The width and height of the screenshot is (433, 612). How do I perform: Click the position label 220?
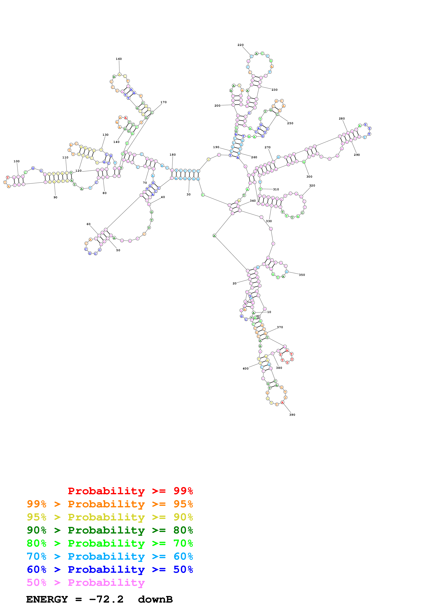240,45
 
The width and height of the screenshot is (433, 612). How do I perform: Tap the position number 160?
119,59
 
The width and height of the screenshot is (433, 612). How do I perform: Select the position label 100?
17,161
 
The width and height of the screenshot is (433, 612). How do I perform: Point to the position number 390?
292,415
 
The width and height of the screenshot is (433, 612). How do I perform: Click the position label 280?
342,119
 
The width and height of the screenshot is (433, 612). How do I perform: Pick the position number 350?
302,275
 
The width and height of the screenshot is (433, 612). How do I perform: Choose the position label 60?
88,224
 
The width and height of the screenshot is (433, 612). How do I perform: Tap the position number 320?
312,185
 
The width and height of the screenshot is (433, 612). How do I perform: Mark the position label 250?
290,123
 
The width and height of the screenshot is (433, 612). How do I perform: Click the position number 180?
173,155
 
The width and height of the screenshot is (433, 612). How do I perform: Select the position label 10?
269,312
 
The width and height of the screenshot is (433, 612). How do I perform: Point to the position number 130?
105,135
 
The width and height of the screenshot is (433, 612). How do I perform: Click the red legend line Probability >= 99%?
130,491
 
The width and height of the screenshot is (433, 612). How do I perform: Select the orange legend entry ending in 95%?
110,504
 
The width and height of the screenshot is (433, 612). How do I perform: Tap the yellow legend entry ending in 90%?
110,517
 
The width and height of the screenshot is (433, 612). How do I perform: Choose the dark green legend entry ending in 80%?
110,530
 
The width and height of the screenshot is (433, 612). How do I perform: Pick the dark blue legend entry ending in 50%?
110,569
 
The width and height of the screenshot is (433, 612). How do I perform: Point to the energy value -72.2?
106,599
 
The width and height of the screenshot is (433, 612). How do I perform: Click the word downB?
155,599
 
